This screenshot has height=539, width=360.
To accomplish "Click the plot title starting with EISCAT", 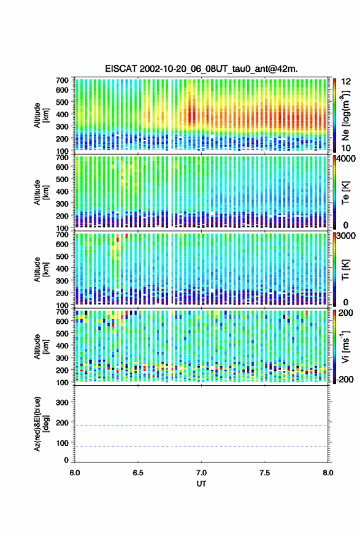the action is [202, 69].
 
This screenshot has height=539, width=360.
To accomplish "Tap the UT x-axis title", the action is [202, 484].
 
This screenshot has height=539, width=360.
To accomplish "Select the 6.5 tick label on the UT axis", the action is [138, 473].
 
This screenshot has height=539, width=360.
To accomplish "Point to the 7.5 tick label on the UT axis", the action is [265, 473].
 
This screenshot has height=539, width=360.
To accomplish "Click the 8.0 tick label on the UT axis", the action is [327, 473].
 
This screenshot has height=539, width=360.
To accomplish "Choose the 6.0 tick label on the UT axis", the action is [75, 473].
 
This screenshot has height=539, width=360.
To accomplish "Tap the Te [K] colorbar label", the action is [345, 193].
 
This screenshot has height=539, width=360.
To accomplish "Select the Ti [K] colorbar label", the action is [345, 270].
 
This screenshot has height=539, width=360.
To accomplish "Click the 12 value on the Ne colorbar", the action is [346, 82].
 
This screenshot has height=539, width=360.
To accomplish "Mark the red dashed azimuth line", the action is [201, 426].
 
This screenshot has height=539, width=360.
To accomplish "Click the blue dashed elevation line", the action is [201, 446].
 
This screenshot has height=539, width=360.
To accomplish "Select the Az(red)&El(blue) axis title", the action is [41, 424].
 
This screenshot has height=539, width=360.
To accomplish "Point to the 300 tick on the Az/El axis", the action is [62, 402].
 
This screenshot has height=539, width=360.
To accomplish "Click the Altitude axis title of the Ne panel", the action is [41, 115].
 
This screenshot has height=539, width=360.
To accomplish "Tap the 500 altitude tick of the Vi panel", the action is [62, 333].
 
